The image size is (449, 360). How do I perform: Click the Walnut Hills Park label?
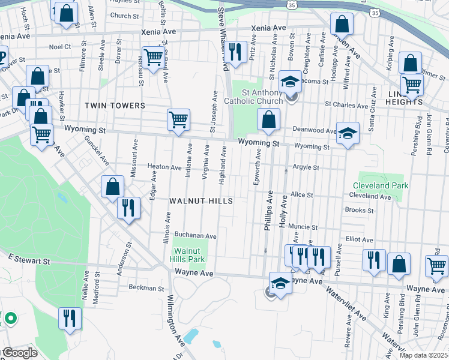click(x=190, y=255)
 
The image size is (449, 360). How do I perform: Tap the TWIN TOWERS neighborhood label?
click(x=115, y=106)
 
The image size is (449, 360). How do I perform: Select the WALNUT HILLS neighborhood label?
click(x=200, y=200)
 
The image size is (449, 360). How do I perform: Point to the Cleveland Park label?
click(x=380, y=185)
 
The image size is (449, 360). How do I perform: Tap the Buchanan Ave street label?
click(x=195, y=236)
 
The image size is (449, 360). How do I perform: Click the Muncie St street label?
click(x=303, y=227)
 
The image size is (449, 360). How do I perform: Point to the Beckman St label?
click(x=146, y=289)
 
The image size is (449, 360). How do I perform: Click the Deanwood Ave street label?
click(x=314, y=130)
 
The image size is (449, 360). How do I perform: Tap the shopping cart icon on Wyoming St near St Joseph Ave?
click(x=179, y=120)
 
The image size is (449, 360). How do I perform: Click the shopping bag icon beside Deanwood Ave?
click(x=268, y=120)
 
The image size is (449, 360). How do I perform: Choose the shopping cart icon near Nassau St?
click(x=153, y=58)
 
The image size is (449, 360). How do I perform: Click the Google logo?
click(x=19, y=353)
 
